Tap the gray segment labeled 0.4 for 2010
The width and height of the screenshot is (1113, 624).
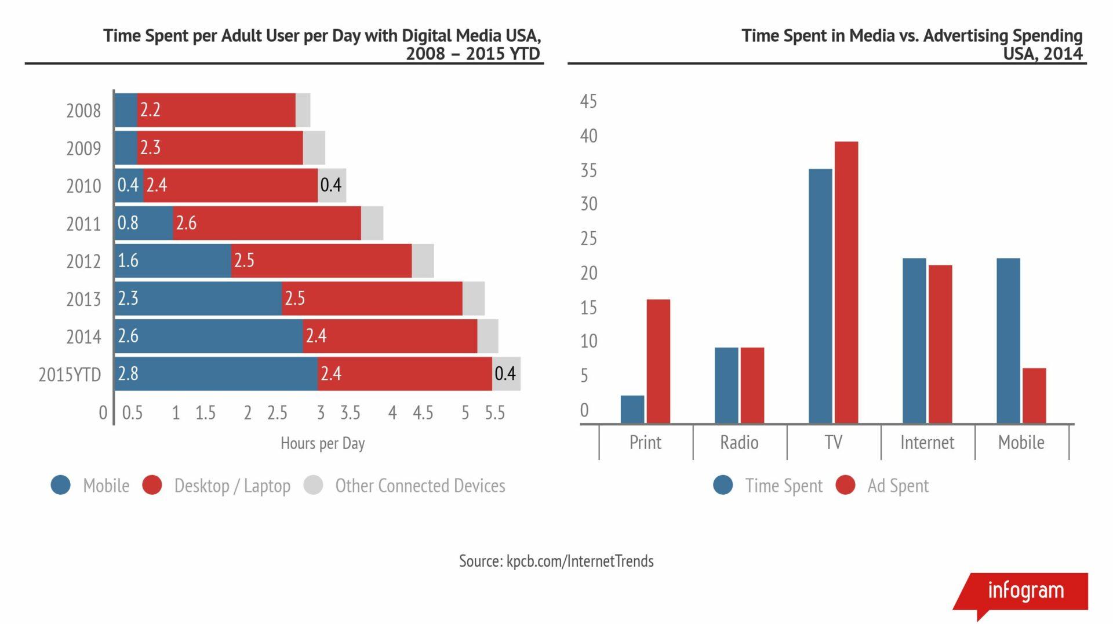tap(332, 185)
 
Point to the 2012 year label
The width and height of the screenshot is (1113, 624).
tap(83, 262)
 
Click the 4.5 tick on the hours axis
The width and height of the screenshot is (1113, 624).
tap(423, 413)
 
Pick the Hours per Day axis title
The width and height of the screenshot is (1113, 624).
tap(322, 444)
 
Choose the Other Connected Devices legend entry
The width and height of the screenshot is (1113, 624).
tap(420, 486)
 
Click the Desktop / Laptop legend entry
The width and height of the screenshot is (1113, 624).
tap(232, 486)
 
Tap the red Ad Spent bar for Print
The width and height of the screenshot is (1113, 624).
tap(658, 361)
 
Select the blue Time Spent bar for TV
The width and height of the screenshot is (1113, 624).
tap(820, 295)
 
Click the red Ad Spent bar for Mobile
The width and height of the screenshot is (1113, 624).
tap(1034, 395)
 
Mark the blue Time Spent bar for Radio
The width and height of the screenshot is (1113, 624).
tap(726, 385)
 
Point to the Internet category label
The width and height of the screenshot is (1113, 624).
tap(926, 443)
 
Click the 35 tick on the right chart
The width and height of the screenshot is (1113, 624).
tap(588, 170)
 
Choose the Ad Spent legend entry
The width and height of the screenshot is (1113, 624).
tap(897, 486)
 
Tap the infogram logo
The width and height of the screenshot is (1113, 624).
tap(1025, 591)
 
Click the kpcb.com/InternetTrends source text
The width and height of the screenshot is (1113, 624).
tap(580, 561)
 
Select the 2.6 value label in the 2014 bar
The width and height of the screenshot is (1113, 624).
tap(128, 336)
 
